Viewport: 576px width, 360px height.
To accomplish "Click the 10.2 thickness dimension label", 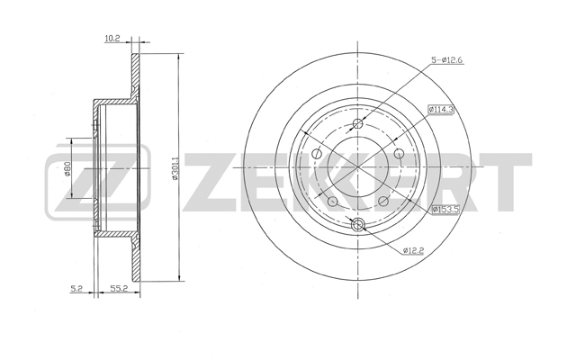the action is click(112, 39).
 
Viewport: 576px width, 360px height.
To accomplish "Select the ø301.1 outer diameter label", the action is click(175, 168).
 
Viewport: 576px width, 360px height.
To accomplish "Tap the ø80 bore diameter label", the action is click(67, 169).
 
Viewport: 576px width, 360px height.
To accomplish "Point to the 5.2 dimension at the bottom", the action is click(76, 289).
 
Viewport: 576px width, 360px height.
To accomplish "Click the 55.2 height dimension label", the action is click(119, 289).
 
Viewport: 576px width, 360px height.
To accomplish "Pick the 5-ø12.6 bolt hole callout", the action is click(446, 60).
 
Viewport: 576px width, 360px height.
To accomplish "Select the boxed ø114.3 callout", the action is click(441, 109).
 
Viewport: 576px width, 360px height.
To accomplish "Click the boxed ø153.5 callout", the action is click(445, 210).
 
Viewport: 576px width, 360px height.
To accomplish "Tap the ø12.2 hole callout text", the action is click(414, 250).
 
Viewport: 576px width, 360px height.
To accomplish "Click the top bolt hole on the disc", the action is click(357, 124).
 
